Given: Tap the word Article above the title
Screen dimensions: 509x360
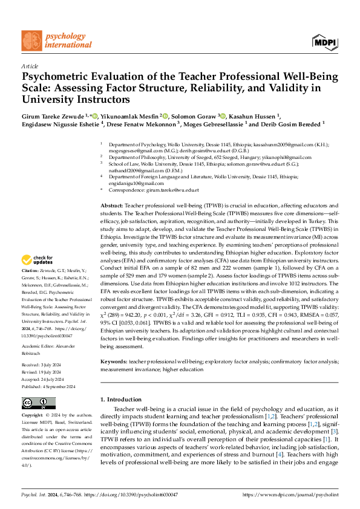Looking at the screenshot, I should tap(30, 65).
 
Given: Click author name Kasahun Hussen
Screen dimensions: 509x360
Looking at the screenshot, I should tap(267, 115).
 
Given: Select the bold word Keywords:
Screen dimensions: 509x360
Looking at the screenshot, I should tap(114, 361).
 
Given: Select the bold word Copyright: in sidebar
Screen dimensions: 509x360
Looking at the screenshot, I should tap(33, 416).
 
